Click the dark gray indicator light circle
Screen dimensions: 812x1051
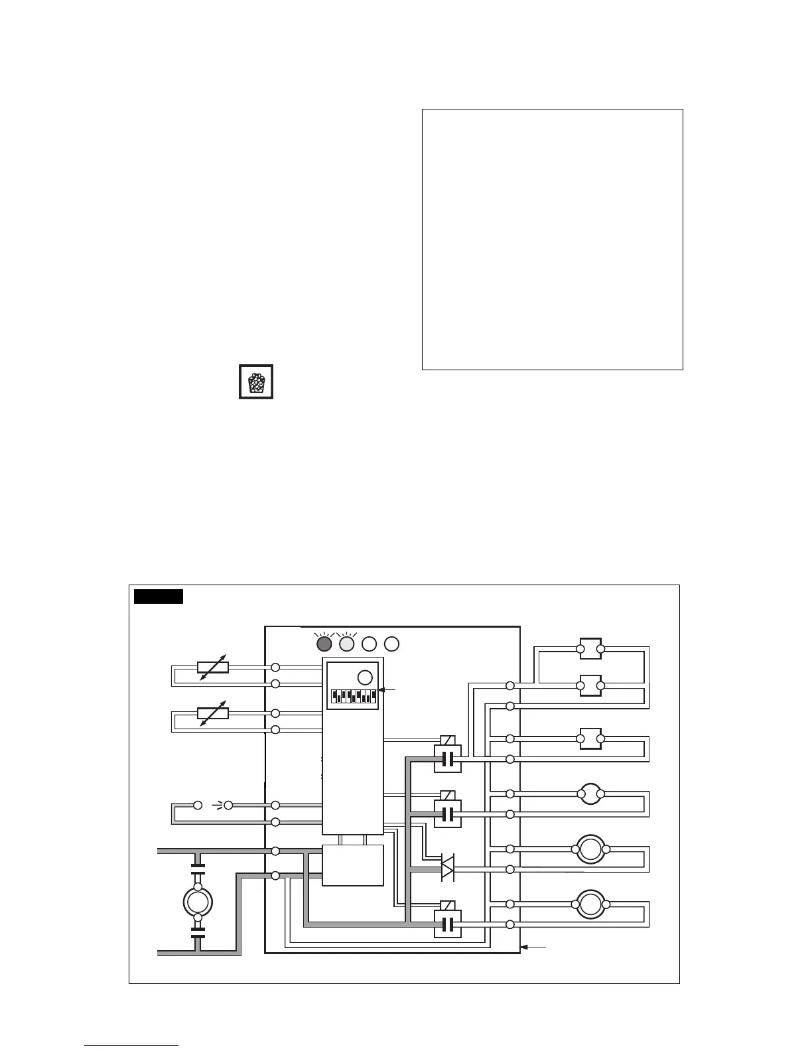coord(324,644)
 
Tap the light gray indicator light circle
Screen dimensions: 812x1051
coord(347,644)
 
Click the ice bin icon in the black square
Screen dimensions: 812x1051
coord(256,382)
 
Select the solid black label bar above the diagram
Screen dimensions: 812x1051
coord(159,596)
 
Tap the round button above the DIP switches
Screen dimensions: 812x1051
coord(365,677)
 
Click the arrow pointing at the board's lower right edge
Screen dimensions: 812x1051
coord(533,947)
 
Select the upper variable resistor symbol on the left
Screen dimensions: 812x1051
coord(213,667)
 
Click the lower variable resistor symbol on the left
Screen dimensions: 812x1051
coord(213,713)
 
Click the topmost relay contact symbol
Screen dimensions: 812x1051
coord(447,758)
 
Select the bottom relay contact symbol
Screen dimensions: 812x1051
coord(447,924)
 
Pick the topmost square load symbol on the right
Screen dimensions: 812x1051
coord(590,649)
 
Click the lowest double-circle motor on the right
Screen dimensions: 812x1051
coord(590,904)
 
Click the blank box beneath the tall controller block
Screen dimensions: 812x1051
coord(353,865)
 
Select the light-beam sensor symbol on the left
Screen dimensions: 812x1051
coord(213,806)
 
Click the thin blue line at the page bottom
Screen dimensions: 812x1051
coord(131,1046)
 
